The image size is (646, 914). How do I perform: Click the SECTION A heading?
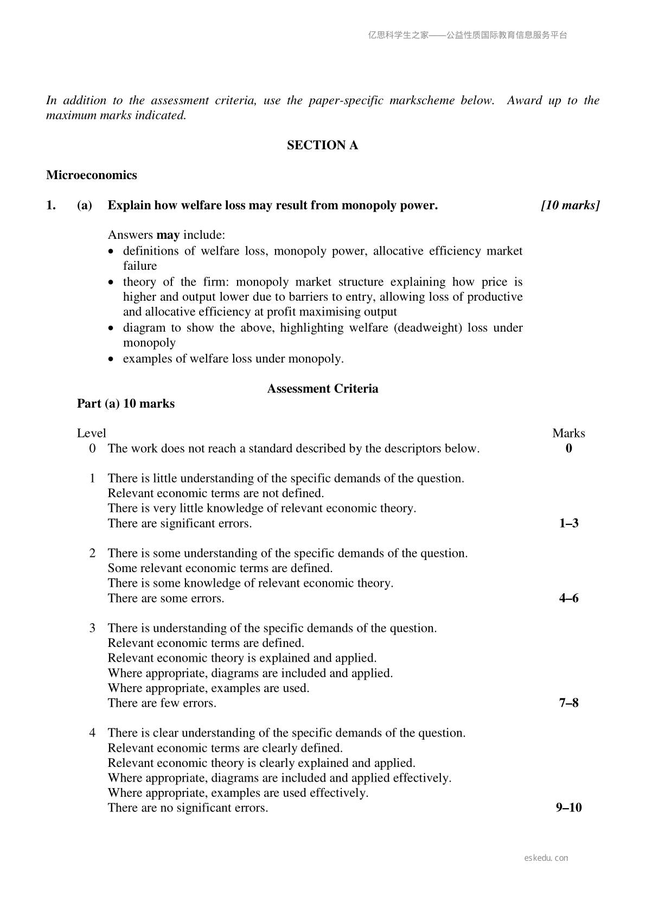322,145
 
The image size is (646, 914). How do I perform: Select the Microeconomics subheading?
91,175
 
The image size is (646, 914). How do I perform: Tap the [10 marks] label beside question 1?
570,205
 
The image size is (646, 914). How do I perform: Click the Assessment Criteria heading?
322,389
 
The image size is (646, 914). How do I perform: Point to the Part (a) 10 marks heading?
126,404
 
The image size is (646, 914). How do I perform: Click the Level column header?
91,433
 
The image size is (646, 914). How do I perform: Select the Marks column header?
568,433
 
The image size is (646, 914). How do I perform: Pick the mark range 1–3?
568,523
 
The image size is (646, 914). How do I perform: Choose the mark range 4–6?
568,598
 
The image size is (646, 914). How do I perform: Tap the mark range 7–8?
568,703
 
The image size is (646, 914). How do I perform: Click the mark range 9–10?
568,808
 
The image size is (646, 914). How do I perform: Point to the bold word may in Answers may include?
168,235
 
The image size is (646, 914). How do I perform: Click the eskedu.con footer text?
546,858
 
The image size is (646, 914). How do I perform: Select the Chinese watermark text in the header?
468,35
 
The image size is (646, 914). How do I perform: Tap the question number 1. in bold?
51,205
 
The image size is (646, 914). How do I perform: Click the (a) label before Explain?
85,205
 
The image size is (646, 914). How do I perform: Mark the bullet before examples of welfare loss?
111,359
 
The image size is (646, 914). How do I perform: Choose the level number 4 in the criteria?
92,733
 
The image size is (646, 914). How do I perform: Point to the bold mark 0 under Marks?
568,448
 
